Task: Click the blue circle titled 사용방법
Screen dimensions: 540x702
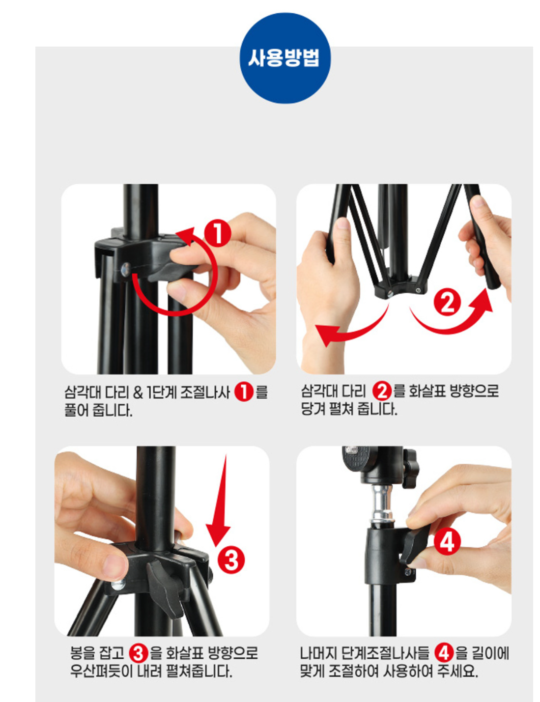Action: tap(285, 58)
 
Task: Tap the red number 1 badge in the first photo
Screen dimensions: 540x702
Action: tap(218, 233)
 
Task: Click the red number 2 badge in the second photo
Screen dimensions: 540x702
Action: tap(447, 302)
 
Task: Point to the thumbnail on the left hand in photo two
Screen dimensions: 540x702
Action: tap(343, 223)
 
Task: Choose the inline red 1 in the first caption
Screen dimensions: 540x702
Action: tap(244, 392)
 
